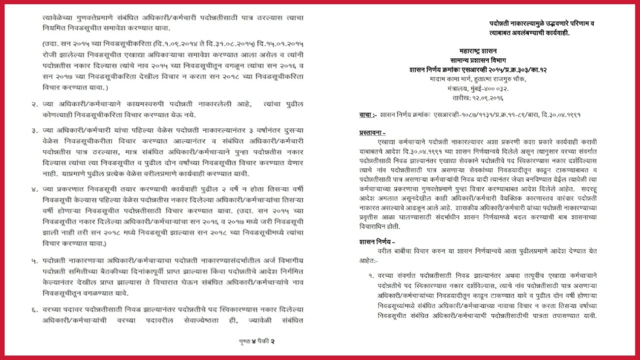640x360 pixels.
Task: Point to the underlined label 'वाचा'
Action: pos(366,114)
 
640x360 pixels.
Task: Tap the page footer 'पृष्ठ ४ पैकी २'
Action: pos(257,341)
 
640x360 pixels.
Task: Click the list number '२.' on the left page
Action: pos(34,104)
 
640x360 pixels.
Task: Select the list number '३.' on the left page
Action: pos(34,131)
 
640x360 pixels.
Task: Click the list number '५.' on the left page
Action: pos(34,261)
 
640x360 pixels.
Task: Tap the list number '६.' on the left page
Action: pos(34,310)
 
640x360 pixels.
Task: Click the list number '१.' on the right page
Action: pos(370,275)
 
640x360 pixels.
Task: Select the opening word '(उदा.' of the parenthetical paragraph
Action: pos(51,44)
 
